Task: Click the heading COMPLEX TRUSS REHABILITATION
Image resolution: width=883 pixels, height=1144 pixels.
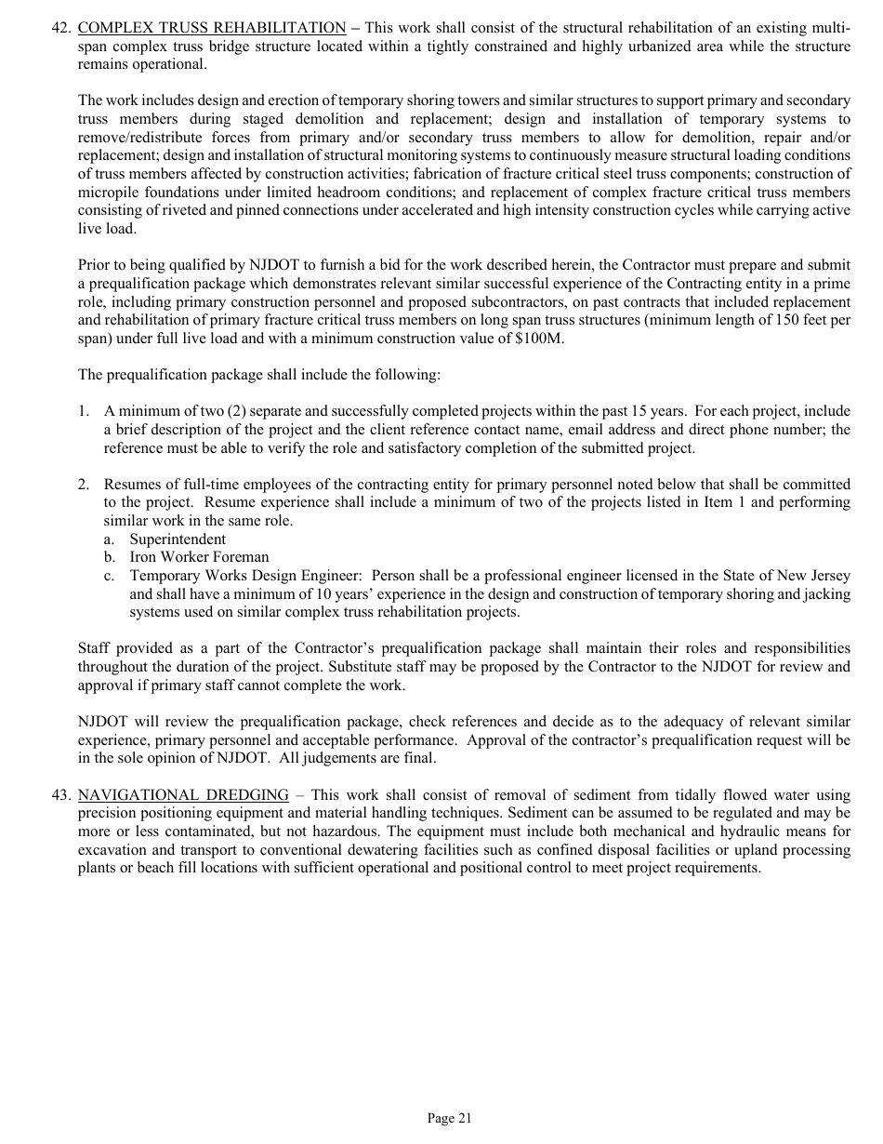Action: coord(212,29)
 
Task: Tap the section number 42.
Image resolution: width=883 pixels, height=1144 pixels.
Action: coord(61,29)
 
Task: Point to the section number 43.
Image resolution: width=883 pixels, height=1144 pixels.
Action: coord(61,795)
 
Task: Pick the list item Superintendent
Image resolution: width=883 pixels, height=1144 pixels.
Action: coord(178,539)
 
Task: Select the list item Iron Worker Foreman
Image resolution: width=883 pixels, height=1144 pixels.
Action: coord(199,557)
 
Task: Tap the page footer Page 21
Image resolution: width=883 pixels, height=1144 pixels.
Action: coord(450,1118)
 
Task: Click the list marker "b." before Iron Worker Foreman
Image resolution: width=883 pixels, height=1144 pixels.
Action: coord(110,557)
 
